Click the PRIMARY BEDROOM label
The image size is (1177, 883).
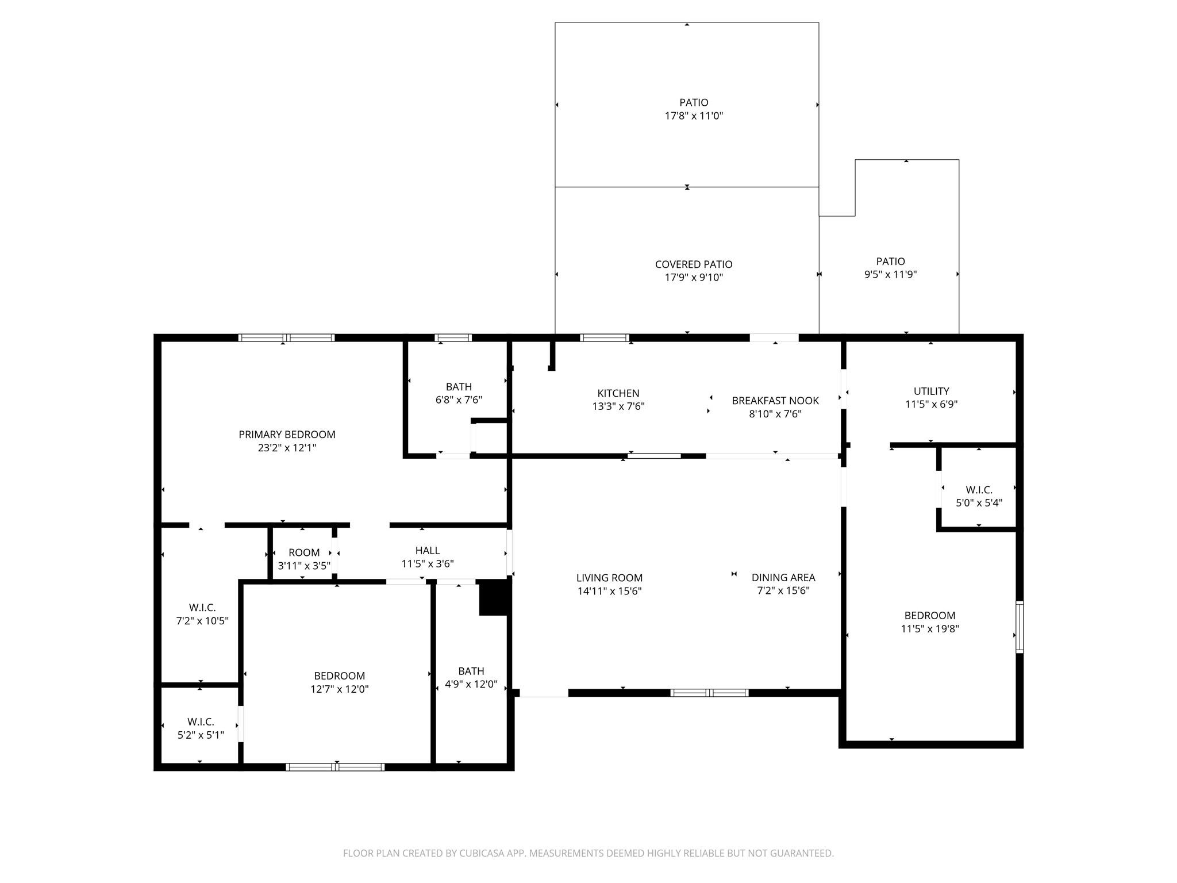coord(287,435)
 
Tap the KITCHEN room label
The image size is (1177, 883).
coord(618,393)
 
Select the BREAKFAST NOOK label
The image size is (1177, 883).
coord(775,401)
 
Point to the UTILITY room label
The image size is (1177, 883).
coord(932,391)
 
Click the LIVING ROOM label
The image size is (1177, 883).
coord(609,578)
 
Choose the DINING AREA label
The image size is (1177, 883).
coord(783,578)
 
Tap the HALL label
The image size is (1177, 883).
coord(428,551)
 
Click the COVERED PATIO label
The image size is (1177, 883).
coord(694,264)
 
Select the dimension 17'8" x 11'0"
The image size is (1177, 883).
coord(694,116)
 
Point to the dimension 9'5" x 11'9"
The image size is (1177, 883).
coord(890,275)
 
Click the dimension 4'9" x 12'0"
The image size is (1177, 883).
coord(471,685)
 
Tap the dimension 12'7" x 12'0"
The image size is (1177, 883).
coord(340,689)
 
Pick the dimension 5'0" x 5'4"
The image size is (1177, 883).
coord(979,503)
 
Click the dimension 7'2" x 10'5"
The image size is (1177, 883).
coord(202,621)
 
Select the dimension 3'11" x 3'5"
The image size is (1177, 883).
coord(304,566)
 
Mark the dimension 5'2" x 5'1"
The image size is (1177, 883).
coord(201,735)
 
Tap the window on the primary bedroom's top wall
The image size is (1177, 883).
coord(287,338)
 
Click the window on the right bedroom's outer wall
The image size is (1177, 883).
coord(1020,627)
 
